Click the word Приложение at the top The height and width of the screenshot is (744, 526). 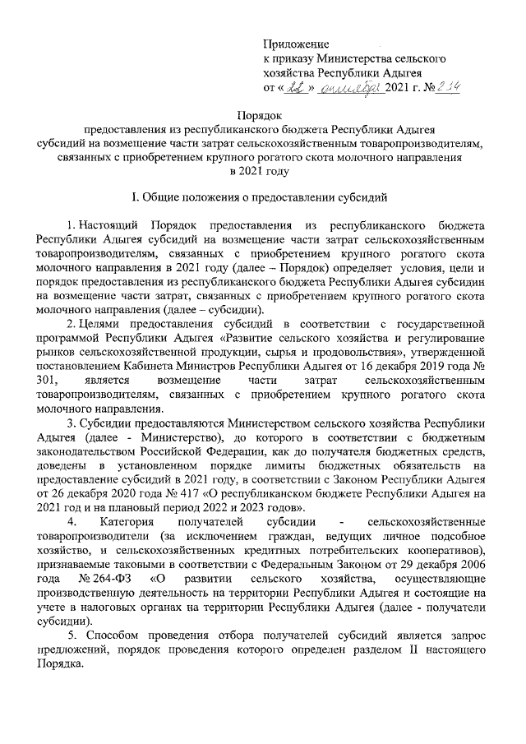[x=296, y=43]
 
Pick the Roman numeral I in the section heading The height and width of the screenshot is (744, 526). [x=136, y=198]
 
